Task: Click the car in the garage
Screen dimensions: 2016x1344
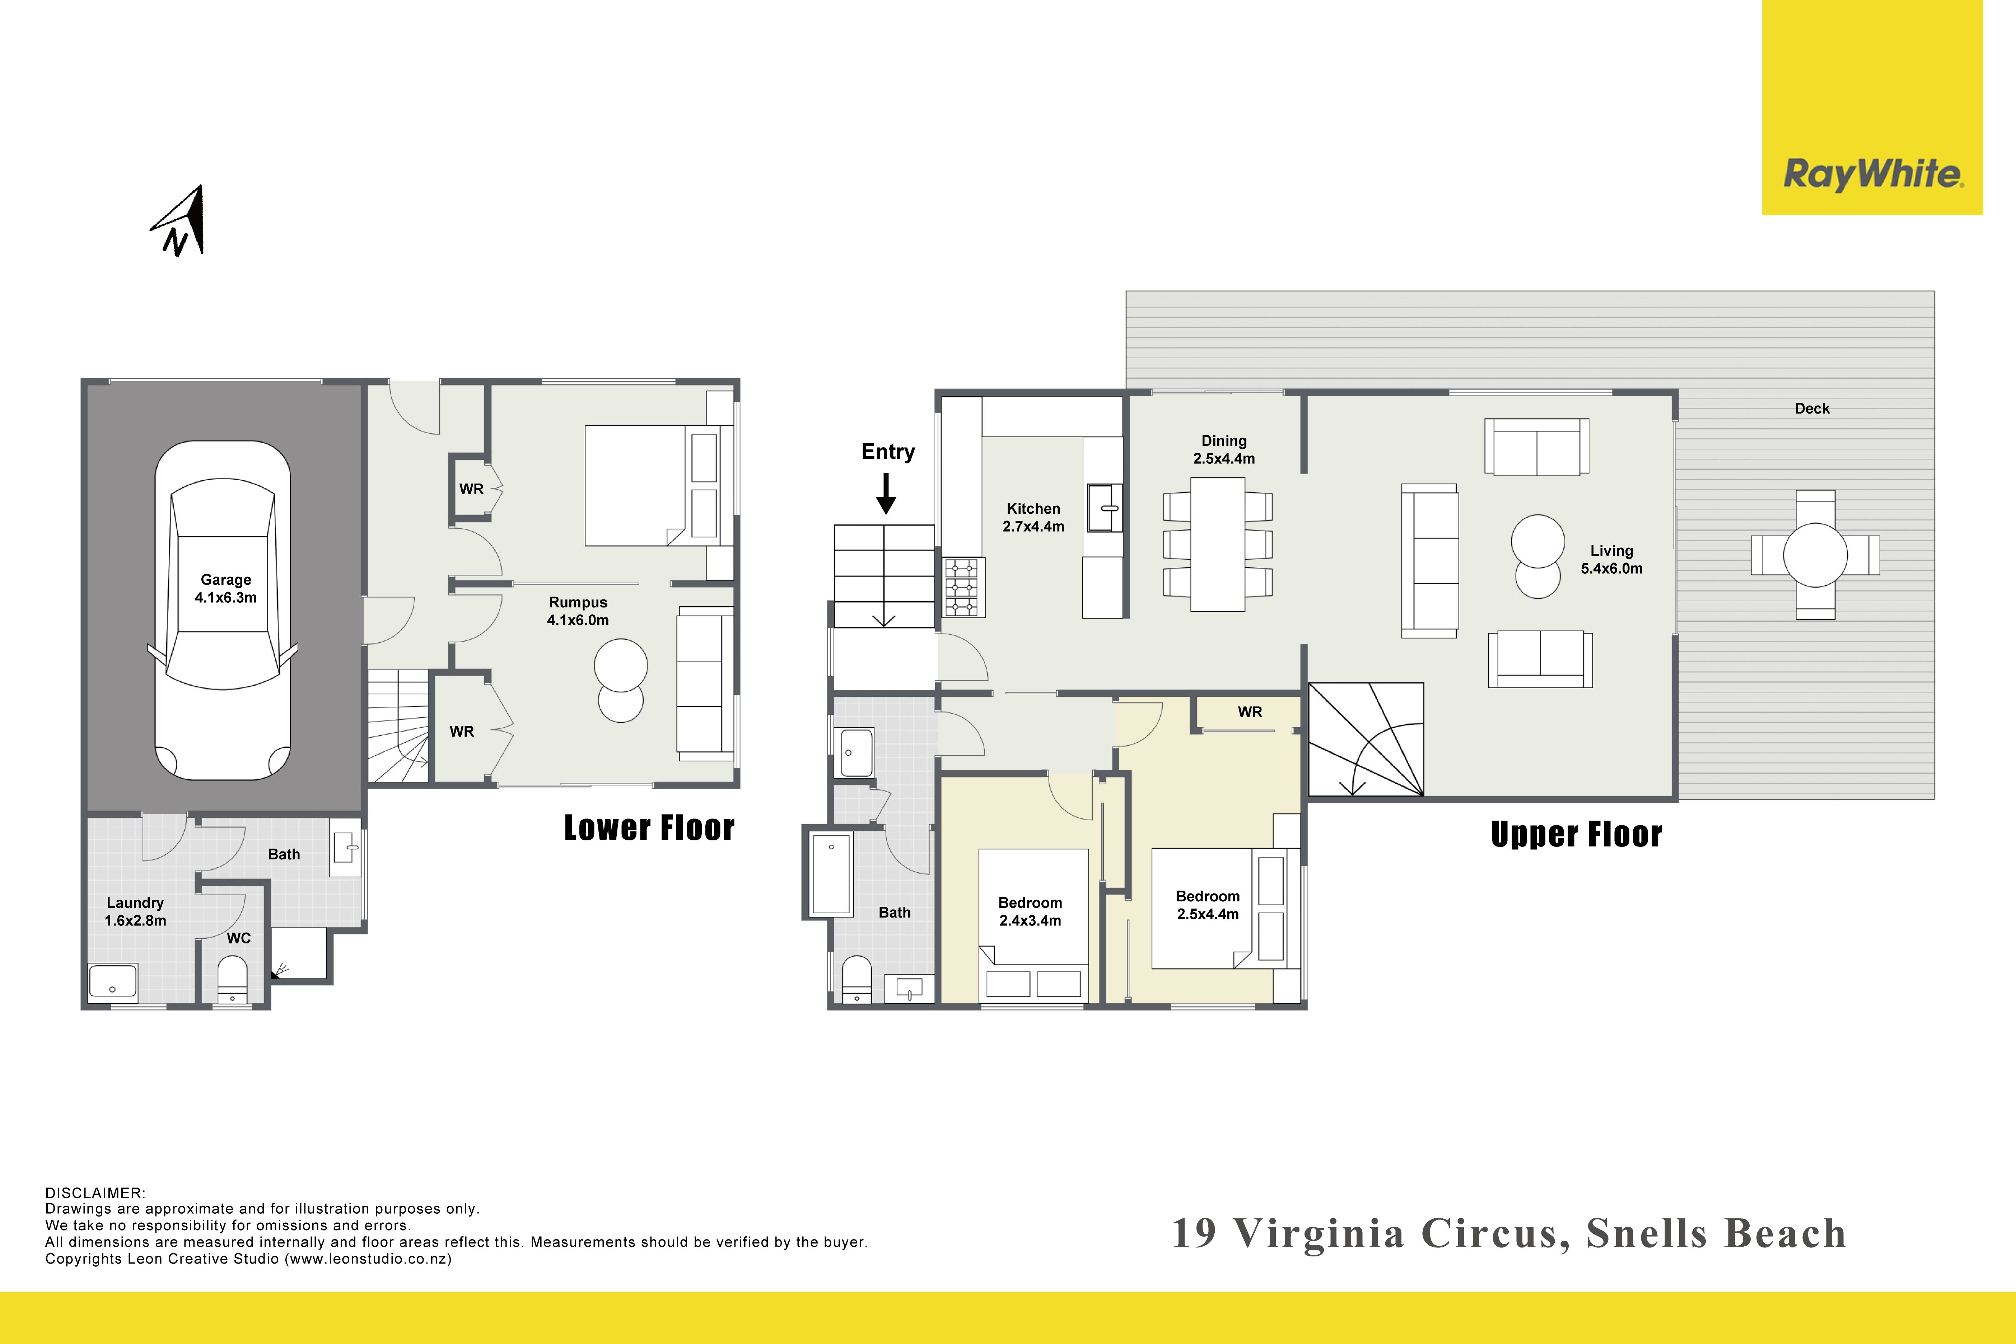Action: click(223, 610)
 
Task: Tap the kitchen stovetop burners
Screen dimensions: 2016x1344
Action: click(961, 587)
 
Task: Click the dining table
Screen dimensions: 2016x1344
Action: click(1217, 544)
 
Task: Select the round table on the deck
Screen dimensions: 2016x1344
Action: click(1815, 555)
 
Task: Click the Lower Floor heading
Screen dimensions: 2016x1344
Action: click(649, 828)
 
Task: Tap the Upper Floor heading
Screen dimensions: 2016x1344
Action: click(1576, 834)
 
